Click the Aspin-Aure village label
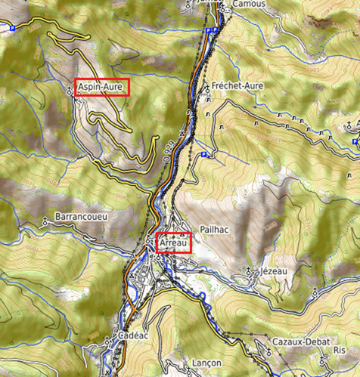point(103,86)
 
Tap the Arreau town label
point(174,243)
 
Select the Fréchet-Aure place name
point(237,86)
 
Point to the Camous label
point(250,4)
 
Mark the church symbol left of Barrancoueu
point(45,221)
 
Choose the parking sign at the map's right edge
point(355,141)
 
